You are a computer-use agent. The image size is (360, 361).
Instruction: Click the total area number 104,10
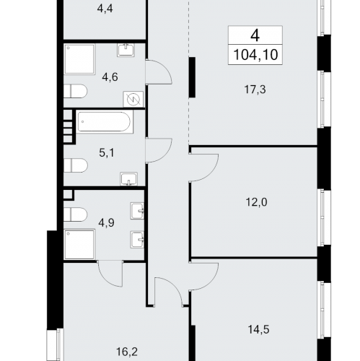pyautogui.click(x=255, y=55)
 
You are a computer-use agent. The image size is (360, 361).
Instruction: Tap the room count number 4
pyautogui.click(x=255, y=35)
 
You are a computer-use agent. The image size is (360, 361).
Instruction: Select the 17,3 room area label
pyautogui.click(x=255, y=90)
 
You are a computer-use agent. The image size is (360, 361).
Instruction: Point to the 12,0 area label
pyautogui.click(x=256, y=202)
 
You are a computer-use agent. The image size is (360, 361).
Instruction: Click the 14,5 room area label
pyautogui.click(x=258, y=329)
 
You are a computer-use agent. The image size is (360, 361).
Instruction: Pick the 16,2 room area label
pyautogui.click(x=127, y=352)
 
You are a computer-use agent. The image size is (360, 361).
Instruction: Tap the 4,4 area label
pyautogui.click(x=105, y=9)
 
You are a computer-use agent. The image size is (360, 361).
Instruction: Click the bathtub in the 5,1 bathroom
pyautogui.click(x=105, y=121)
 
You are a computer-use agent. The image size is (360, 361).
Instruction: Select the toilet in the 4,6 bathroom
pyautogui.click(x=75, y=91)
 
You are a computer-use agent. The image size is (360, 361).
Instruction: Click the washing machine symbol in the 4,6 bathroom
pyautogui.click(x=133, y=100)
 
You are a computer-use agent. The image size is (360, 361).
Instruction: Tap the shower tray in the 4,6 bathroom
pyautogui.click(x=79, y=59)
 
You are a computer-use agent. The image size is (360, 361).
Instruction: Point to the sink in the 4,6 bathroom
pyautogui.click(x=126, y=50)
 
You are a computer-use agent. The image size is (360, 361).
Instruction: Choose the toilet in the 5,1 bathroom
pyautogui.click(x=76, y=165)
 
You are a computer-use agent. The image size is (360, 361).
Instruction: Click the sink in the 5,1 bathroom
pyautogui.click(x=129, y=179)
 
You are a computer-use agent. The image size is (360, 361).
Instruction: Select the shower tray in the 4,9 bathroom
pyautogui.click(x=79, y=245)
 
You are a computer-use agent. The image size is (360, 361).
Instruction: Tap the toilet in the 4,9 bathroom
pyautogui.click(x=75, y=214)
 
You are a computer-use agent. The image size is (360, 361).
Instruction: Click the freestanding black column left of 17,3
pyautogui.click(x=192, y=77)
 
